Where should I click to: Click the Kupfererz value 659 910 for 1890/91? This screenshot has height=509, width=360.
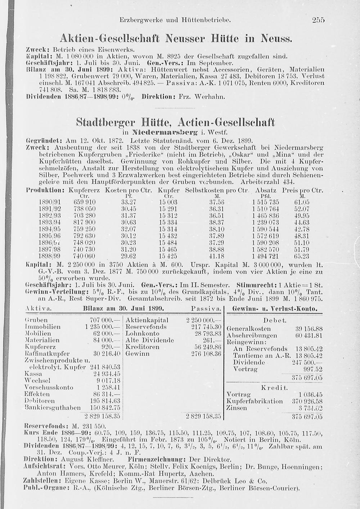85,202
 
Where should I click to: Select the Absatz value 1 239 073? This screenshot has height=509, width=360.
266,222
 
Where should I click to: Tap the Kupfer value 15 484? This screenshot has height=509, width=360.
168,243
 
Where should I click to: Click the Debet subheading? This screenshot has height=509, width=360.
275,320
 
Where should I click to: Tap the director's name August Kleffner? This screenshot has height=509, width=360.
87,460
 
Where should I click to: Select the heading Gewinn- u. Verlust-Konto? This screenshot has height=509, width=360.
275,309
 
